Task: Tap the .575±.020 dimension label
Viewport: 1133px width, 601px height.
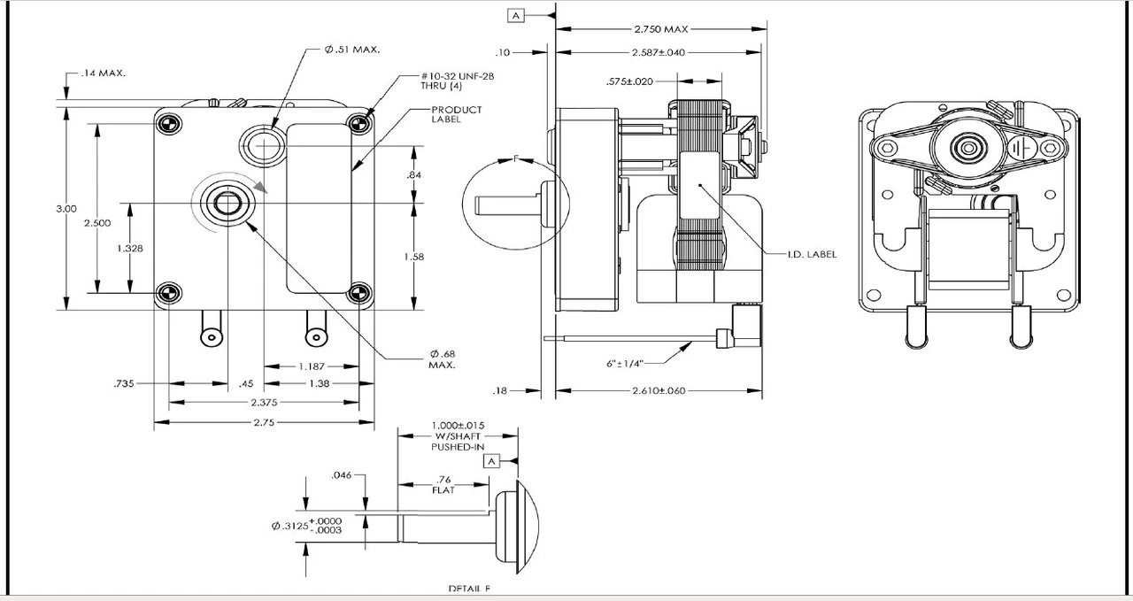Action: [629, 81]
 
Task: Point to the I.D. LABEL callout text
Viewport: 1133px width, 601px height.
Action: [812, 254]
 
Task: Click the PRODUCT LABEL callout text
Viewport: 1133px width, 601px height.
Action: [456, 114]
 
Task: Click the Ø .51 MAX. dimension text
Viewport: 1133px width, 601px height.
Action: [351, 50]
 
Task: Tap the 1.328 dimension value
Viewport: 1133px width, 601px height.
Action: [130, 249]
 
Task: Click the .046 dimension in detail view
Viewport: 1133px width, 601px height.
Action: [342, 475]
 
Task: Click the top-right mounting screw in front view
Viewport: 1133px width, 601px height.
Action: [358, 122]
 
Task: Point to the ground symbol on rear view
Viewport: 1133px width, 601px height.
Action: [1024, 145]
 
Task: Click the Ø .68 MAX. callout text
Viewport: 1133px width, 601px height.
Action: [443, 359]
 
